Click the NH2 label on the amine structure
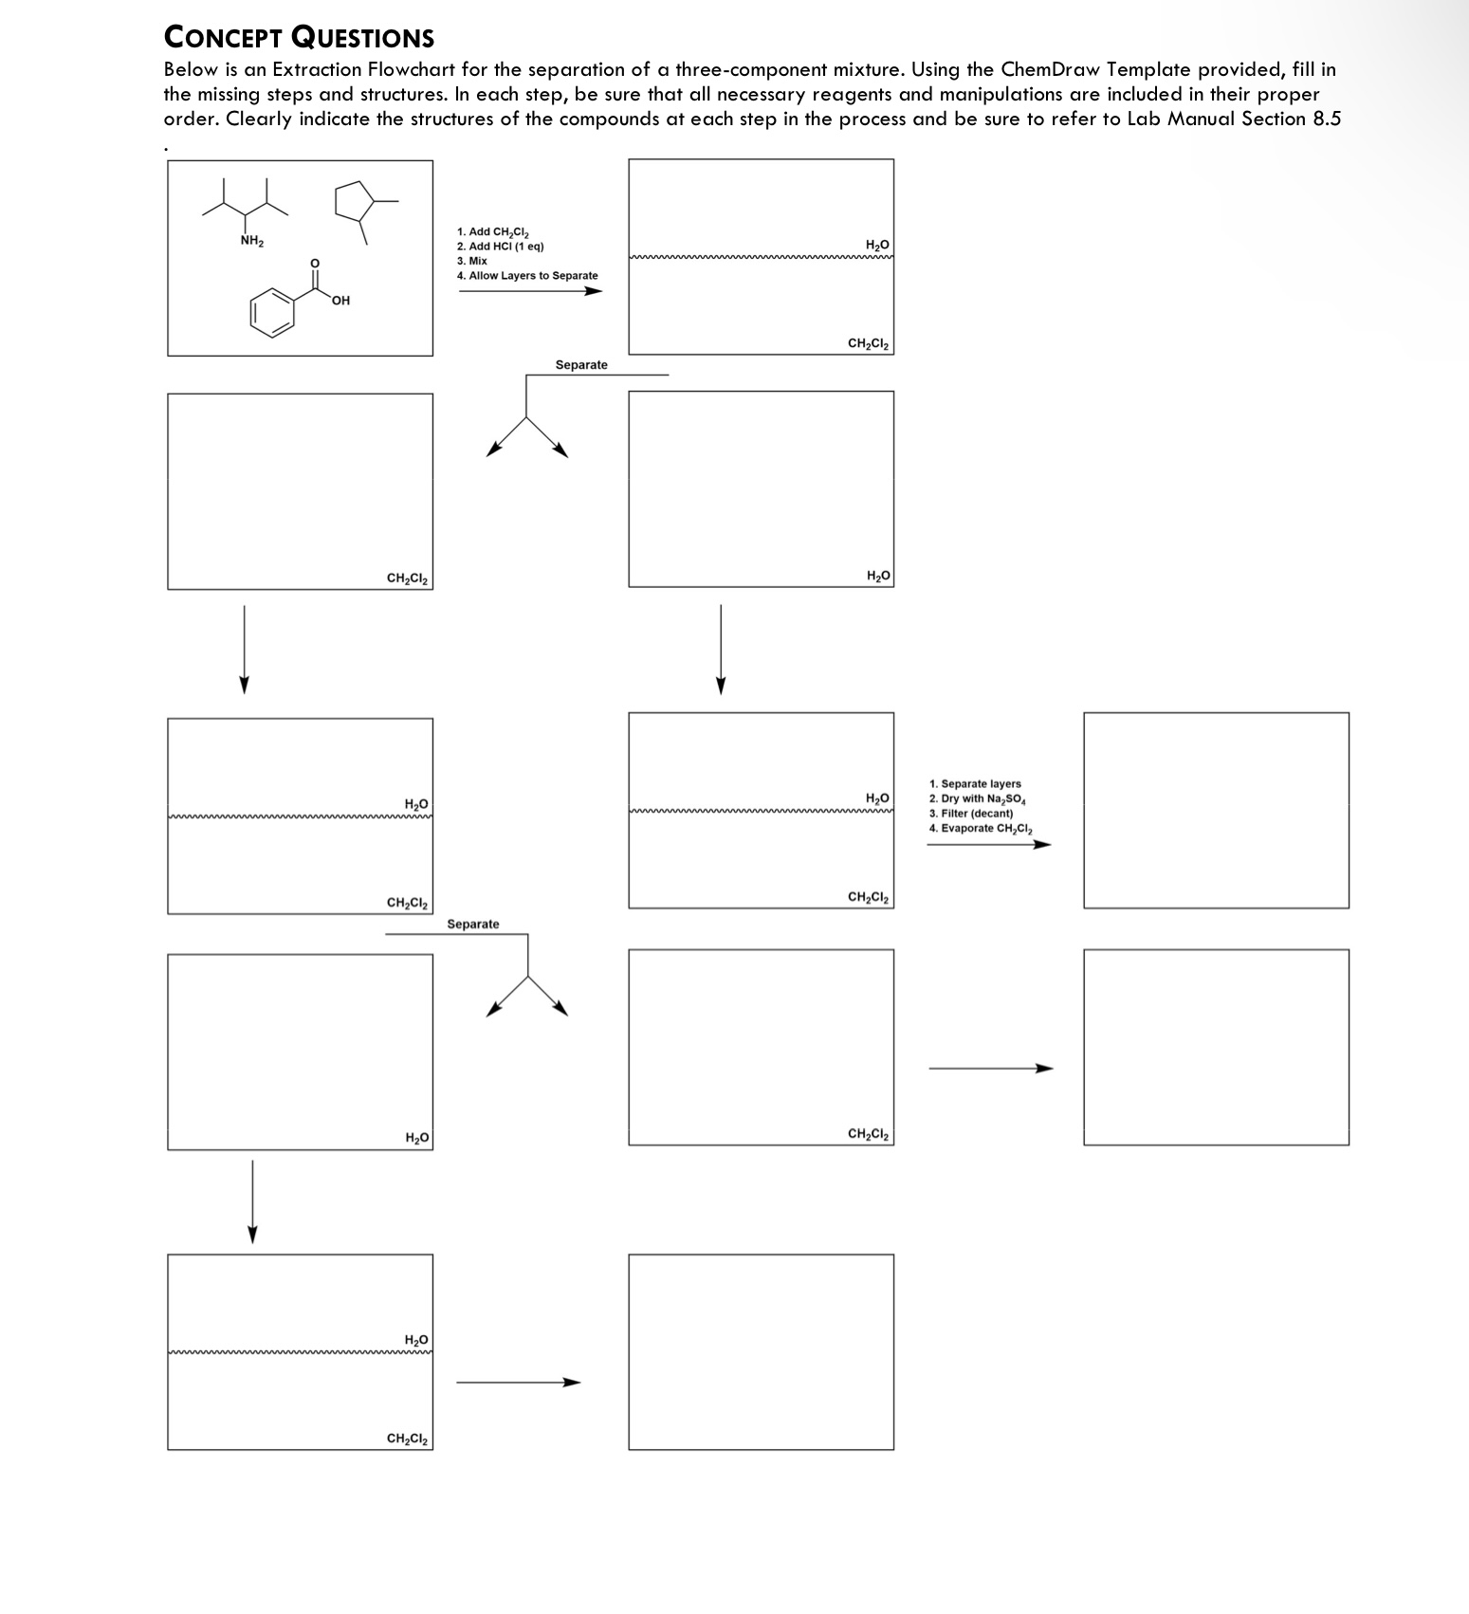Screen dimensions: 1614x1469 [x=251, y=241]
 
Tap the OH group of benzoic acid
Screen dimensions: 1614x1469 [x=341, y=301]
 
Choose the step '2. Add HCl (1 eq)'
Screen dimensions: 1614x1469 [x=500, y=247]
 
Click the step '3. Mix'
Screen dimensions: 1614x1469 [x=471, y=261]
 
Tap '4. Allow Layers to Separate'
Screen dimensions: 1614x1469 [x=526, y=276]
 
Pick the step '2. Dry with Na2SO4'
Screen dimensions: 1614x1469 [x=978, y=799]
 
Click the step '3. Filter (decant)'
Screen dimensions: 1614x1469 [x=971, y=814]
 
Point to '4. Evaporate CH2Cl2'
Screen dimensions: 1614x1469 [x=981, y=829]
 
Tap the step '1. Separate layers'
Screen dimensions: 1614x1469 [x=975, y=784]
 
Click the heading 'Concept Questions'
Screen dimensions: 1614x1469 [x=299, y=37]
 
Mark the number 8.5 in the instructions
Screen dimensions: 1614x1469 [x=1326, y=119]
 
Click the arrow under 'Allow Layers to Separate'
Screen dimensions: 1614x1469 [x=530, y=291]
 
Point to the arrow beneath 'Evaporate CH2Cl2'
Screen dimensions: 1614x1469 [x=988, y=844]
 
